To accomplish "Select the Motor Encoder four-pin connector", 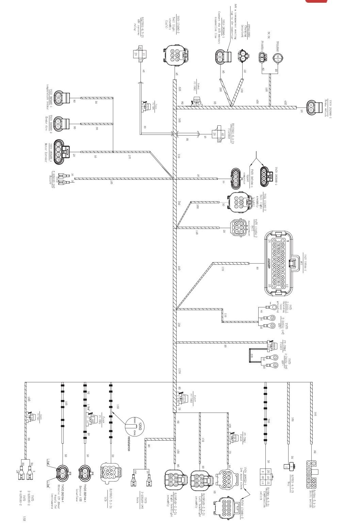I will point(61,152).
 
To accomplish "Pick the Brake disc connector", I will point(61,124).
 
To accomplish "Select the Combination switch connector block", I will point(265,474).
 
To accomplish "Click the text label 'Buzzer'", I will point(51,178).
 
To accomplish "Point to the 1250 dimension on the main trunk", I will point(179,371).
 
